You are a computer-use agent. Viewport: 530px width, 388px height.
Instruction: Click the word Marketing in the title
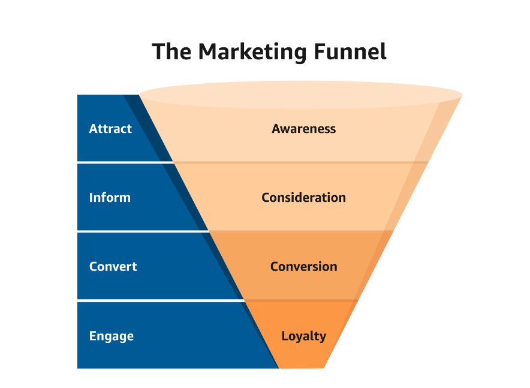point(252,52)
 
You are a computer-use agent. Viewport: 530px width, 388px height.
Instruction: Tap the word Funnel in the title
point(350,51)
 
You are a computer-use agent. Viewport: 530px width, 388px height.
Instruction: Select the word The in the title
point(171,51)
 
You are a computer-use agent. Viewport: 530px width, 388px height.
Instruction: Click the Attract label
point(110,129)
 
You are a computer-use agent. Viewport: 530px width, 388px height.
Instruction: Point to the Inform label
point(110,197)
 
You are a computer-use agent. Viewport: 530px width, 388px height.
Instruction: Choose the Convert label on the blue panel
point(113,266)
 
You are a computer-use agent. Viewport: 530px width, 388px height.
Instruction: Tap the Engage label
point(112,337)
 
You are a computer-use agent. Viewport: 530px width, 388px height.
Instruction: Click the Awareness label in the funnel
point(304,129)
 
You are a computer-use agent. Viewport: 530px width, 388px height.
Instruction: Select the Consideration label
point(304,198)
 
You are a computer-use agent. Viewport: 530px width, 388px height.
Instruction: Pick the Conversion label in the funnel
point(304,266)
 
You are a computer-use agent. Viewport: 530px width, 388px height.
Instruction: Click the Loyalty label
point(304,337)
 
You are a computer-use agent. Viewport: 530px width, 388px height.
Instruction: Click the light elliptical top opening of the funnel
point(300,95)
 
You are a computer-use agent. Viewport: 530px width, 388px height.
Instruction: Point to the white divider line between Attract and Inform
point(125,162)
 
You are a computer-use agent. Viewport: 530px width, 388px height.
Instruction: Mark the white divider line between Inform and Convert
point(143,231)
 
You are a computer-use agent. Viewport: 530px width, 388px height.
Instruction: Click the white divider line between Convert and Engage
point(161,300)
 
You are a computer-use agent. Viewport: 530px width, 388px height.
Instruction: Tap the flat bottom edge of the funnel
point(302,368)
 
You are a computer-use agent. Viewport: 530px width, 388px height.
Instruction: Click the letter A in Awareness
point(277,129)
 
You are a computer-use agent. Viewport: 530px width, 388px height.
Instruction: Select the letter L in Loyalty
point(285,335)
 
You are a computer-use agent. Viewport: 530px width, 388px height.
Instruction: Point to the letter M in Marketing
point(207,51)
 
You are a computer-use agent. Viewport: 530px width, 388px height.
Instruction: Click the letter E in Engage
point(92,336)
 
